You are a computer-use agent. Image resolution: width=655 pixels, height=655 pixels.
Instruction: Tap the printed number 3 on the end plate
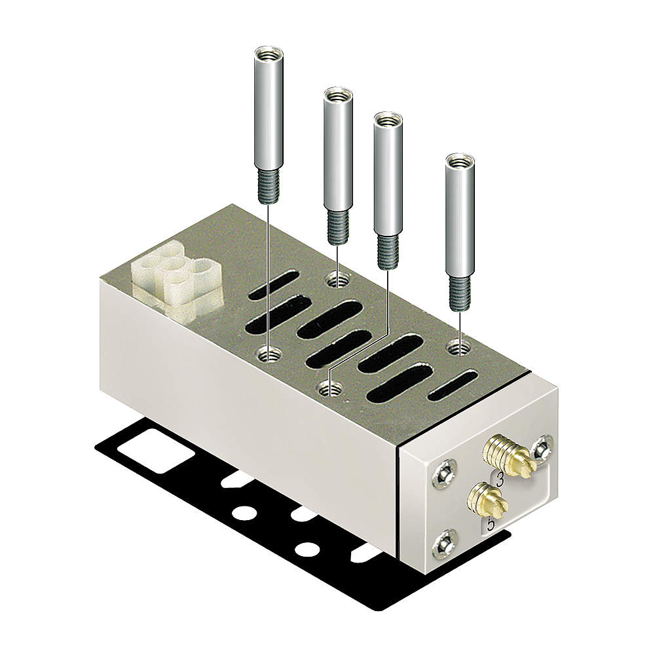tap(500, 479)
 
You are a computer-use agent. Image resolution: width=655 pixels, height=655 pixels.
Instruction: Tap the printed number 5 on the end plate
tap(490, 523)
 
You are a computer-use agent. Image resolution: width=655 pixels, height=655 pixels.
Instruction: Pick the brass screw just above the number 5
tap(485, 500)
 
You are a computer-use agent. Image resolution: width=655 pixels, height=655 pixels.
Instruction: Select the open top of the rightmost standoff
tap(459, 159)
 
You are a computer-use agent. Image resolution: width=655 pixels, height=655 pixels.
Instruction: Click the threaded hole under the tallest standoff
tap(268, 356)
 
